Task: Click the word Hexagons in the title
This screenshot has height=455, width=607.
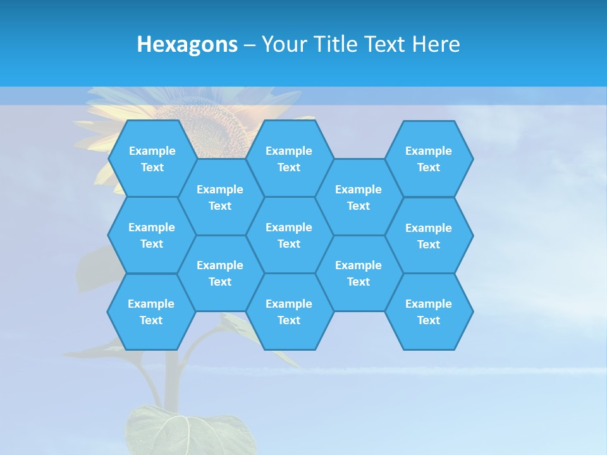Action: click(187, 44)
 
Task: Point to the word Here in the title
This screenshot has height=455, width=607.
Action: click(436, 44)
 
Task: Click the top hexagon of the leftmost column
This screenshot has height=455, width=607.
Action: click(152, 159)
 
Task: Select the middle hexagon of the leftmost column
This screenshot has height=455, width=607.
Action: click(152, 235)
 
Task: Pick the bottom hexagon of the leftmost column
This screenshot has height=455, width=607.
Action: click(151, 312)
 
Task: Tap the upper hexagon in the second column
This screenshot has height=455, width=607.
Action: click(220, 197)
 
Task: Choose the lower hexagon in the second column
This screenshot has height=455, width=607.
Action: click(220, 273)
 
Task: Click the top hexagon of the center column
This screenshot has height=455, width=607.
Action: click(289, 159)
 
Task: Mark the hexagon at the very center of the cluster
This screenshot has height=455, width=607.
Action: click(289, 235)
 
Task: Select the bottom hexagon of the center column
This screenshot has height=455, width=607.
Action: click(289, 312)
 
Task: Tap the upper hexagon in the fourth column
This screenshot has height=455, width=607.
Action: click(359, 197)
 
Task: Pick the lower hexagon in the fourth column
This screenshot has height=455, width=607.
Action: click(359, 273)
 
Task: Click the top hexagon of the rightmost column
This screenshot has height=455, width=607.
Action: click(429, 159)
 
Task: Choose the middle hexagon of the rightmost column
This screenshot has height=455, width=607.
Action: click(429, 236)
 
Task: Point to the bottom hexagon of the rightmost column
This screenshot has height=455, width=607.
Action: click(429, 312)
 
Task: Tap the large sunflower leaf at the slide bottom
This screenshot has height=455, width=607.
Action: click(183, 433)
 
